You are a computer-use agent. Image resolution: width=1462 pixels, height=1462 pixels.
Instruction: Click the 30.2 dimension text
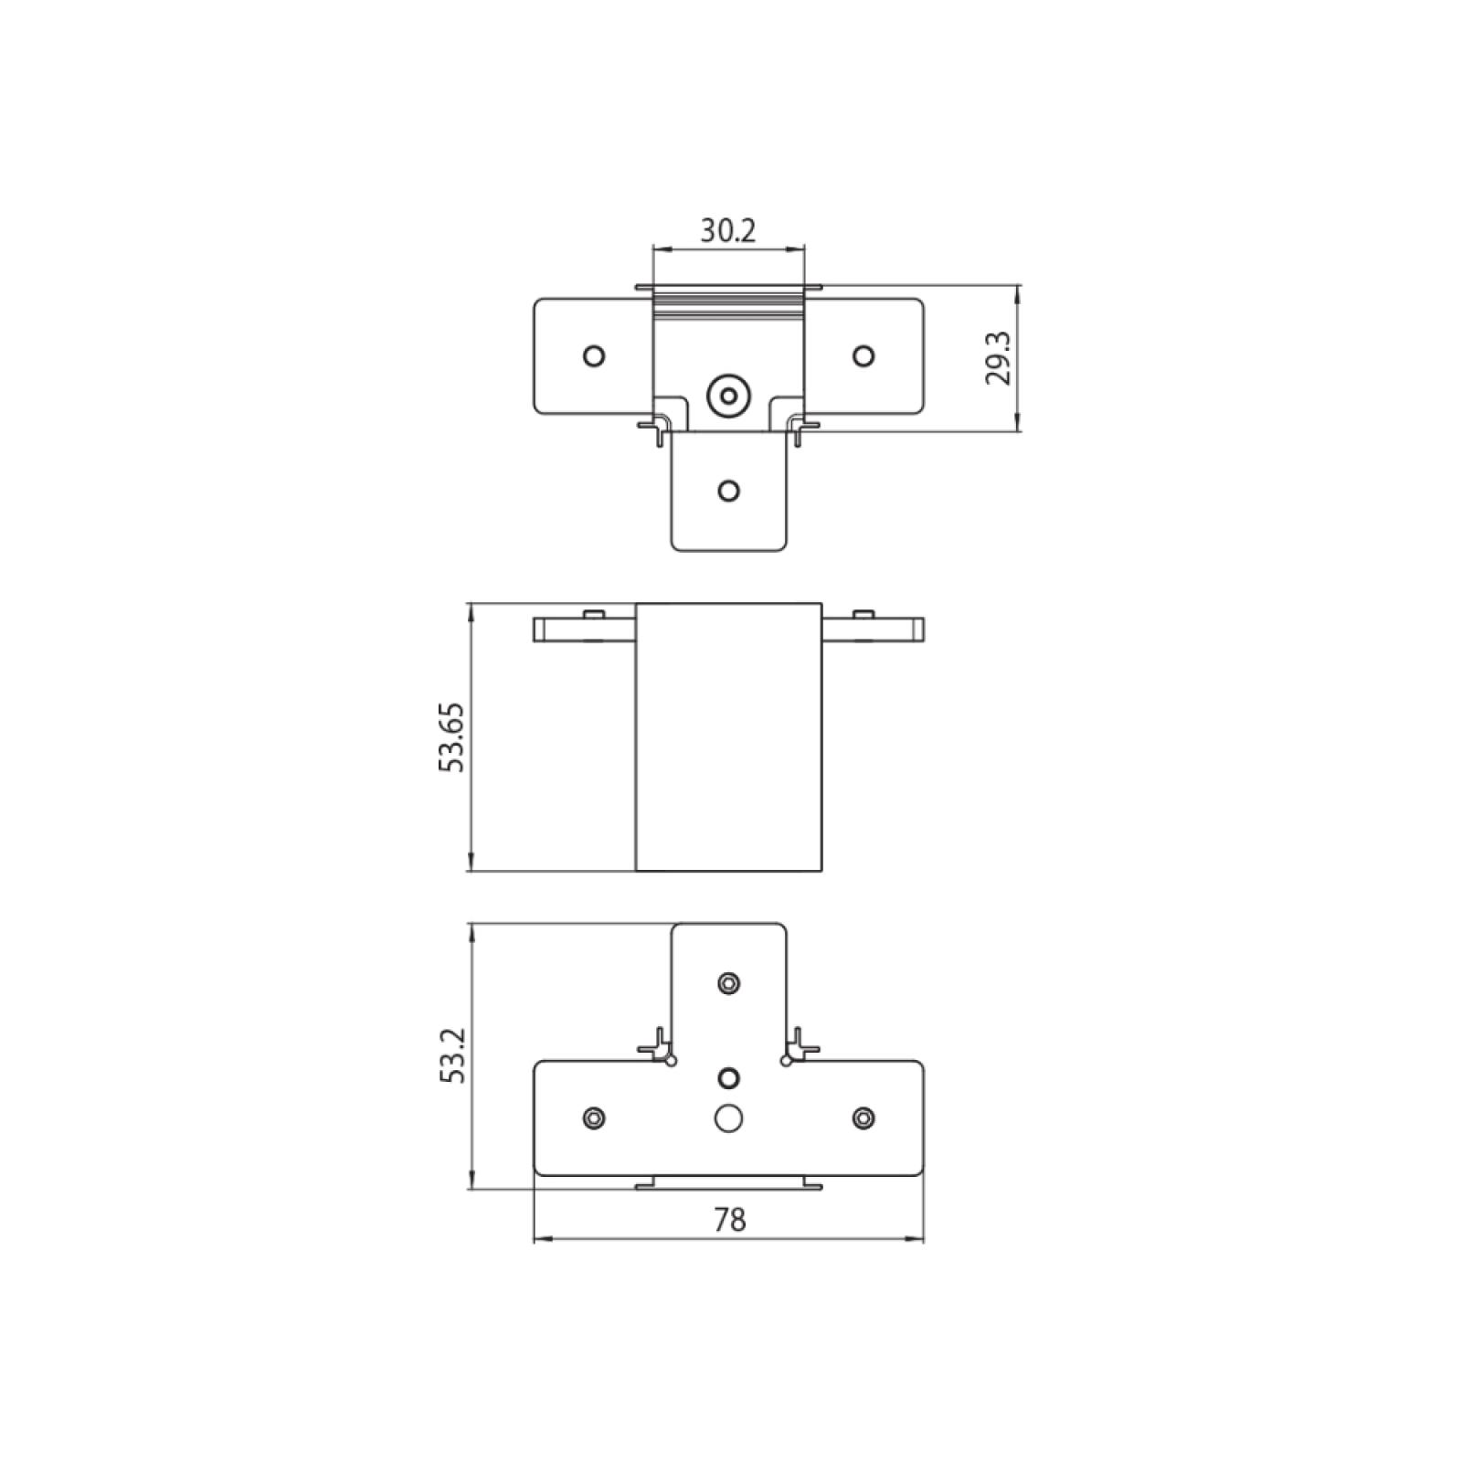(728, 231)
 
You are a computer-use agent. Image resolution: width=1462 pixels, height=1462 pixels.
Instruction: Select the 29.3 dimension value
(1001, 358)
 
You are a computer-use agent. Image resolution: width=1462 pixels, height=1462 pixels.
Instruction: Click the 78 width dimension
(729, 1219)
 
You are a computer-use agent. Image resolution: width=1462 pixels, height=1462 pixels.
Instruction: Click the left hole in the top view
(594, 355)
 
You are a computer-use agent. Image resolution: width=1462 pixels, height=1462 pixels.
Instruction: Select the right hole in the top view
(863, 355)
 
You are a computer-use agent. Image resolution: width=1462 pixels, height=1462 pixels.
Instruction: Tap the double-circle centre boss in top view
(728, 396)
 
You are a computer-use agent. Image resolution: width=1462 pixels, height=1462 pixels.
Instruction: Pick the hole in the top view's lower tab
(728, 491)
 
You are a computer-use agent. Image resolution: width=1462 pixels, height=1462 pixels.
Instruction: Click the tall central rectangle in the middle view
(728, 736)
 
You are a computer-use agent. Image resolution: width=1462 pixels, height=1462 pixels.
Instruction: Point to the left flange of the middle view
(584, 630)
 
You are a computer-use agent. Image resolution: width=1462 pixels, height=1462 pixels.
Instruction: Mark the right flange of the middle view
(873, 630)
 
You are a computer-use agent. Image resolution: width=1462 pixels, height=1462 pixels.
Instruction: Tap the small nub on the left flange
(593, 613)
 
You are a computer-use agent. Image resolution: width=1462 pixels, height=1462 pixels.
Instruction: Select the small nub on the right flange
(863, 613)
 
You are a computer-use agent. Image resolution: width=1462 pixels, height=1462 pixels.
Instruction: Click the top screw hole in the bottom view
(728, 982)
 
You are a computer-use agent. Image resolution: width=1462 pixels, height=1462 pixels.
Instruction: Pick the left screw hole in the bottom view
(594, 1117)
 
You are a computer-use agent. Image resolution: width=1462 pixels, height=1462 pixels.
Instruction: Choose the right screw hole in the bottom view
(863, 1117)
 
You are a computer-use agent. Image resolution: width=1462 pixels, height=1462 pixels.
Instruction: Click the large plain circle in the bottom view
(728, 1118)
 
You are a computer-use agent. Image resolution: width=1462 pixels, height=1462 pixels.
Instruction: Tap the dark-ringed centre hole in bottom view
(728, 1077)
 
